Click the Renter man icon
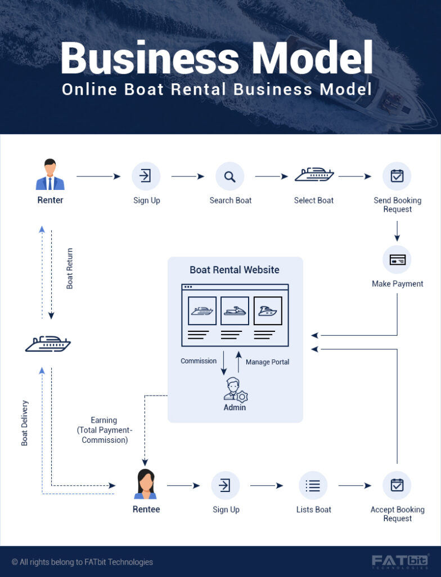(x=50, y=175)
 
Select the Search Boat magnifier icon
(x=229, y=176)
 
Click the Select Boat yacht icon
(x=314, y=175)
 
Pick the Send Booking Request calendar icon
(x=397, y=176)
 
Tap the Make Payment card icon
(x=397, y=260)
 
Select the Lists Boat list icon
(x=313, y=485)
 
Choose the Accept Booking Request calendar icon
(x=397, y=485)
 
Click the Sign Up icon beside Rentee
(x=226, y=485)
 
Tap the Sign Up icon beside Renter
(x=146, y=176)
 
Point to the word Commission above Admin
(x=199, y=361)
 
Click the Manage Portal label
(x=267, y=362)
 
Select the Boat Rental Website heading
(x=235, y=270)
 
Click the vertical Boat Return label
(x=70, y=268)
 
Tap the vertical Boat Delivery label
(x=25, y=423)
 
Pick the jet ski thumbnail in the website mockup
(x=235, y=311)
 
